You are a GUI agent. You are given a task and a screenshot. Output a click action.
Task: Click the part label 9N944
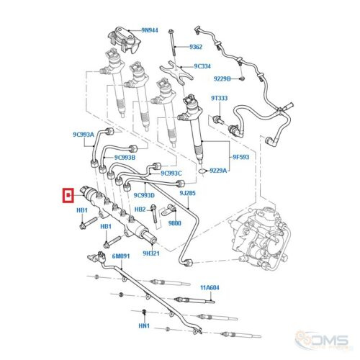[x=150, y=30]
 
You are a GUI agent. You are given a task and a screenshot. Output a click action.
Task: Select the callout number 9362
[x=196, y=47]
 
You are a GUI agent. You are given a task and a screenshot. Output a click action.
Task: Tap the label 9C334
[x=202, y=66]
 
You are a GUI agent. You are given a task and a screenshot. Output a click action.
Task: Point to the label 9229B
[x=222, y=78]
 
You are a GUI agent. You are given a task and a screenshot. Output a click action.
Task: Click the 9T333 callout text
[x=220, y=98]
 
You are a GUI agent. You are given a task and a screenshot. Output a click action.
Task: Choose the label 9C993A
[x=84, y=135]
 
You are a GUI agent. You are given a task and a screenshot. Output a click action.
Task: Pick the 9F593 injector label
[x=240, y=157]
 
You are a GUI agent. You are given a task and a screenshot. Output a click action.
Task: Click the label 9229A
[x=218, y=171]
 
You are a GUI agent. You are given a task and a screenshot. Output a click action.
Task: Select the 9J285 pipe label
[x=187, y=193]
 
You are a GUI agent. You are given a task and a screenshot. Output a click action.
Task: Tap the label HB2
[x=140, y=210]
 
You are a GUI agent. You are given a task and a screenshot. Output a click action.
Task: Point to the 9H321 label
[x=151, y=253]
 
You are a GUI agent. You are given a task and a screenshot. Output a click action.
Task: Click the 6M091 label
[x=121, y=256]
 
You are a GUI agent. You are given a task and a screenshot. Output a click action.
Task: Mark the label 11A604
[x=210, y=287]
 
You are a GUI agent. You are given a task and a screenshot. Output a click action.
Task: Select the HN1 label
[x=144, y=325]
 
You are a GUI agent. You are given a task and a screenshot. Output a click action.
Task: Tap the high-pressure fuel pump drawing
[x=258, y=239]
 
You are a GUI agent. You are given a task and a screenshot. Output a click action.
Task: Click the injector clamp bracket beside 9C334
[x=176, y=72]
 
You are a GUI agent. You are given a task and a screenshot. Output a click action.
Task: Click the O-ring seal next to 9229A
[x=203, y=171]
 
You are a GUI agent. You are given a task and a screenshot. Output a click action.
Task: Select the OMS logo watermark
[x=322, y=341]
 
